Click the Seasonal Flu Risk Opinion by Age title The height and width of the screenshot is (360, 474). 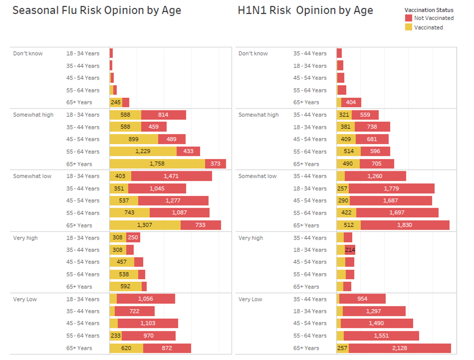click(x=96, y=10)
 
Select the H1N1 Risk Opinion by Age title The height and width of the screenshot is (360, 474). click(x=305, y=10)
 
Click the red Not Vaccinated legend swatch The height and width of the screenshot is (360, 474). click(x=408, y=18)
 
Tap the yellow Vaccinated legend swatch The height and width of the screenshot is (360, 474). click(x=408, y=27)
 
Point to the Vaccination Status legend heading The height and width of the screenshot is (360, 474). click(x=428, y=10)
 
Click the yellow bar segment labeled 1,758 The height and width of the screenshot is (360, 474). click(x=157, y=164)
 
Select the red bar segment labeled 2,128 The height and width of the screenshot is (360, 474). click(x=399, y=348)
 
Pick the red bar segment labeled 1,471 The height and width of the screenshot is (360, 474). click(x=171, y=176)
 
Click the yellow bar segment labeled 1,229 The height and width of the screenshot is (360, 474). click(x=143, y=152)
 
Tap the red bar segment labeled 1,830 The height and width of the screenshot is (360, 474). click(x=404, y=225)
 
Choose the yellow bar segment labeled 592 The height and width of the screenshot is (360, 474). click(x=126, y=287)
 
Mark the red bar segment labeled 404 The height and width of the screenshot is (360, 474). click(x=351, y=102)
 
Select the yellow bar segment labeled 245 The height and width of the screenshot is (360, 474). click(x=116, y=102)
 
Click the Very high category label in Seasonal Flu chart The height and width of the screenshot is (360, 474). click(x=26, y=238)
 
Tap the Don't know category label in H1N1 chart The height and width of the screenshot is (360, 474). click(x=253, y=53)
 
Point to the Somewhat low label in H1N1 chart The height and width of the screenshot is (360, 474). click(x=257, y=176)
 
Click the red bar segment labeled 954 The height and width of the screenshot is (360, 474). click(x=362, y=299)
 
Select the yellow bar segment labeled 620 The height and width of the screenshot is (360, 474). click(x=126, y=348)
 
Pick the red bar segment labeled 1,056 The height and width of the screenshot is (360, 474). click(x=146, y=299)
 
